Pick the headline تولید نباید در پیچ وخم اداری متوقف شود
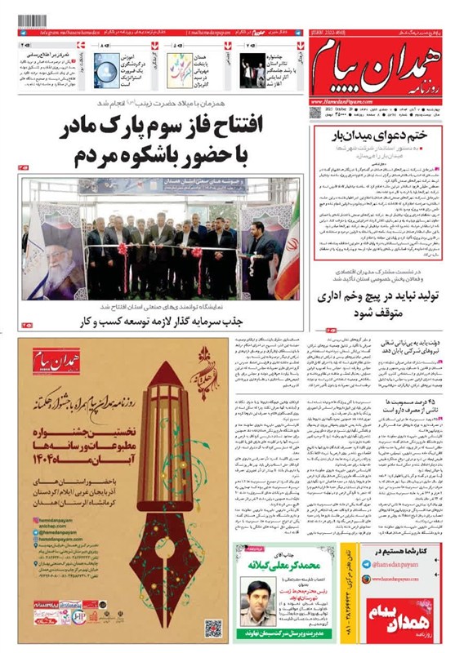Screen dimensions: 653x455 pyautogui.click(x=377, y=302)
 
